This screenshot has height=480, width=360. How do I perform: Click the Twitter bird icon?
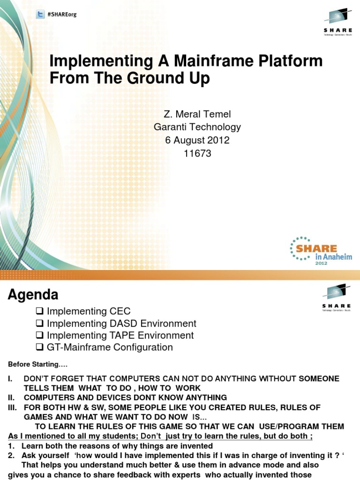coord(41,15)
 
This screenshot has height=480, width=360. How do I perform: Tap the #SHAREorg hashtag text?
coord(62,15)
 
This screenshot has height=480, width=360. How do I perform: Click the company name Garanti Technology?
coord(197,127)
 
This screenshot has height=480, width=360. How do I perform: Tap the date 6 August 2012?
coord(197,140)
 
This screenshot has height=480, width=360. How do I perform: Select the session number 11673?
coord(197,153)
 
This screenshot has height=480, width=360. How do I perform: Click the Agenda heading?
coord(33,295)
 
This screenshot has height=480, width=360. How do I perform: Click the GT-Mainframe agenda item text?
coord(110,347)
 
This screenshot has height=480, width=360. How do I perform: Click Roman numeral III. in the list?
coord(13,408)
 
